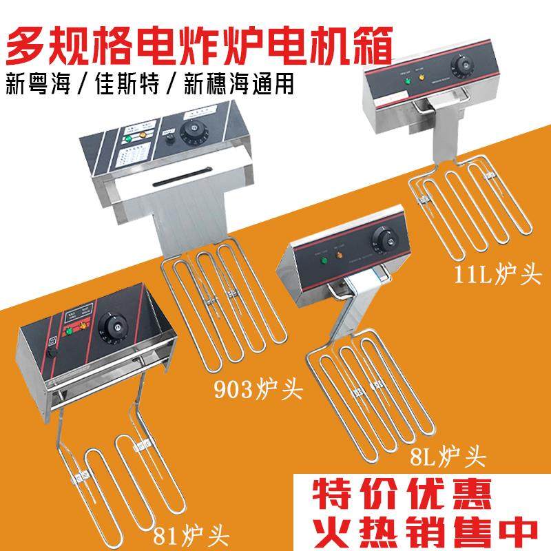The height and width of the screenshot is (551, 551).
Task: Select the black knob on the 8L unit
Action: click(x=380, y=240)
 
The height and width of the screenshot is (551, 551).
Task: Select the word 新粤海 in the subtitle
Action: click(x=37, y=83)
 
